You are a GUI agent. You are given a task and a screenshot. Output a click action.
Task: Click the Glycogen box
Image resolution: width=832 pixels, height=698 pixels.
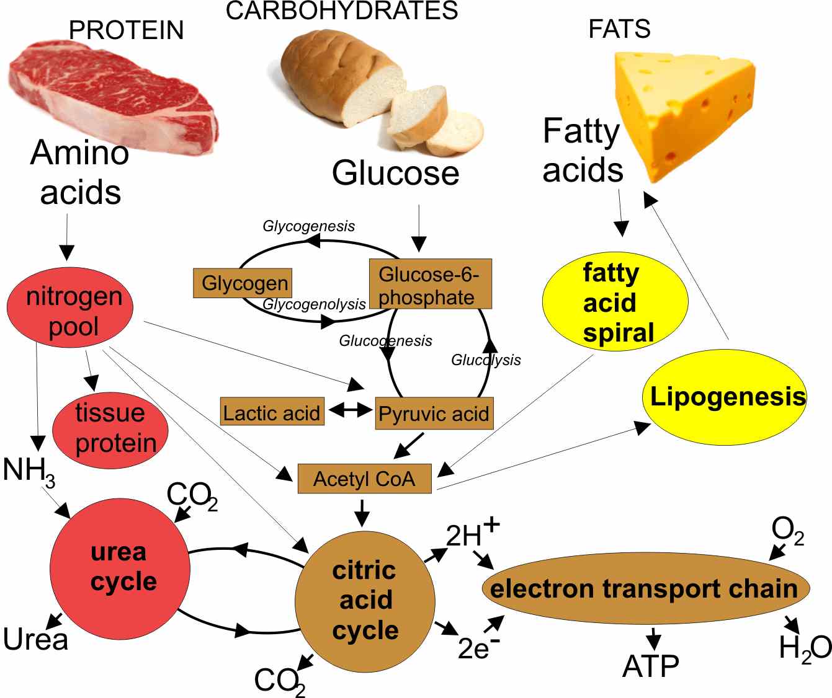coord(243,283)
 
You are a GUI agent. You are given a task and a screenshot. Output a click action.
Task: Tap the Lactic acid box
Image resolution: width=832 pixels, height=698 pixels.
coord(272,412)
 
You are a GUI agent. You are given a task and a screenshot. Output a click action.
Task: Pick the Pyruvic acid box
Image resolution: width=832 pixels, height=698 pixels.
coord(434,413)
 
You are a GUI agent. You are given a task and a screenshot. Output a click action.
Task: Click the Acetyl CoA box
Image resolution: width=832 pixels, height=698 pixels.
coord(364,479)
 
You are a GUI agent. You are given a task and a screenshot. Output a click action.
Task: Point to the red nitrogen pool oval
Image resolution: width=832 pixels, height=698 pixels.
coord(70,307)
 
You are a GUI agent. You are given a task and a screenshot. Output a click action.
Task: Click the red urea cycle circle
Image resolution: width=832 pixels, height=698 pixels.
coord(120,568)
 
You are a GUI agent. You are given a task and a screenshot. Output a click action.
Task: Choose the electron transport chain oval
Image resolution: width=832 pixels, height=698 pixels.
coord(645,588)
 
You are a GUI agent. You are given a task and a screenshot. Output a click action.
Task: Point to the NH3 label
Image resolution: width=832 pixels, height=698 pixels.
coord(28,470)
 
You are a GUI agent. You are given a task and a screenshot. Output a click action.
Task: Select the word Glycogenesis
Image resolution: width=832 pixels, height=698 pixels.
coord(308,226)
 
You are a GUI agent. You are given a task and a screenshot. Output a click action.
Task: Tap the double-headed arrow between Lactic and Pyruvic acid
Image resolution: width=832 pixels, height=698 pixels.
coord(350,410)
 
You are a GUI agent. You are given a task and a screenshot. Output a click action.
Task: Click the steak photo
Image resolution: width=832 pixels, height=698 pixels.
coord(112,93)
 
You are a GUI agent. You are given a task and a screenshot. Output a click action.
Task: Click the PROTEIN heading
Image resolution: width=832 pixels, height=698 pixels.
coord(126,30)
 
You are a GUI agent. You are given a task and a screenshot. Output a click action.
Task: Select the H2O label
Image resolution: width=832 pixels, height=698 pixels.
coord(804,648)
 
